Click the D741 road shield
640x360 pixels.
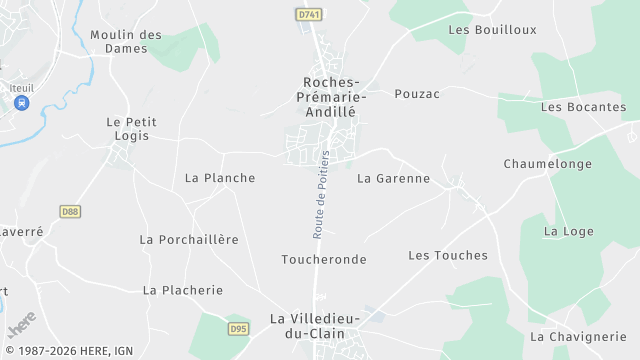click(309, 15)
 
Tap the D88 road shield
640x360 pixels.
click(70, 211)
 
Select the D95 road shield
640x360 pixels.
click(238, 327)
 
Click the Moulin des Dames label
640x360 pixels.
click(126, 41)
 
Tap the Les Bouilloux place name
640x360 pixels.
click(492, 29)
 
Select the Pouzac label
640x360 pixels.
click(417, 93)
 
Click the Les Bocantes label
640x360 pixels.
click(583, 106)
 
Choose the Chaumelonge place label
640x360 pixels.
click(548, 163)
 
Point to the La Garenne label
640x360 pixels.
click(393, 178)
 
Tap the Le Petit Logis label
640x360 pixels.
click(131, 128)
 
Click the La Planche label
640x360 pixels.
click(220, 178)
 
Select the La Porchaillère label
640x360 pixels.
click(189, 239)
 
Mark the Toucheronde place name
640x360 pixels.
click(323, 259)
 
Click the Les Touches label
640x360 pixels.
click(448, 255)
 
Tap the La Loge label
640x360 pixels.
click(568, 231)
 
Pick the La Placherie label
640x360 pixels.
click(182, 290)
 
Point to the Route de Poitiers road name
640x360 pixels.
click(321, 194)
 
